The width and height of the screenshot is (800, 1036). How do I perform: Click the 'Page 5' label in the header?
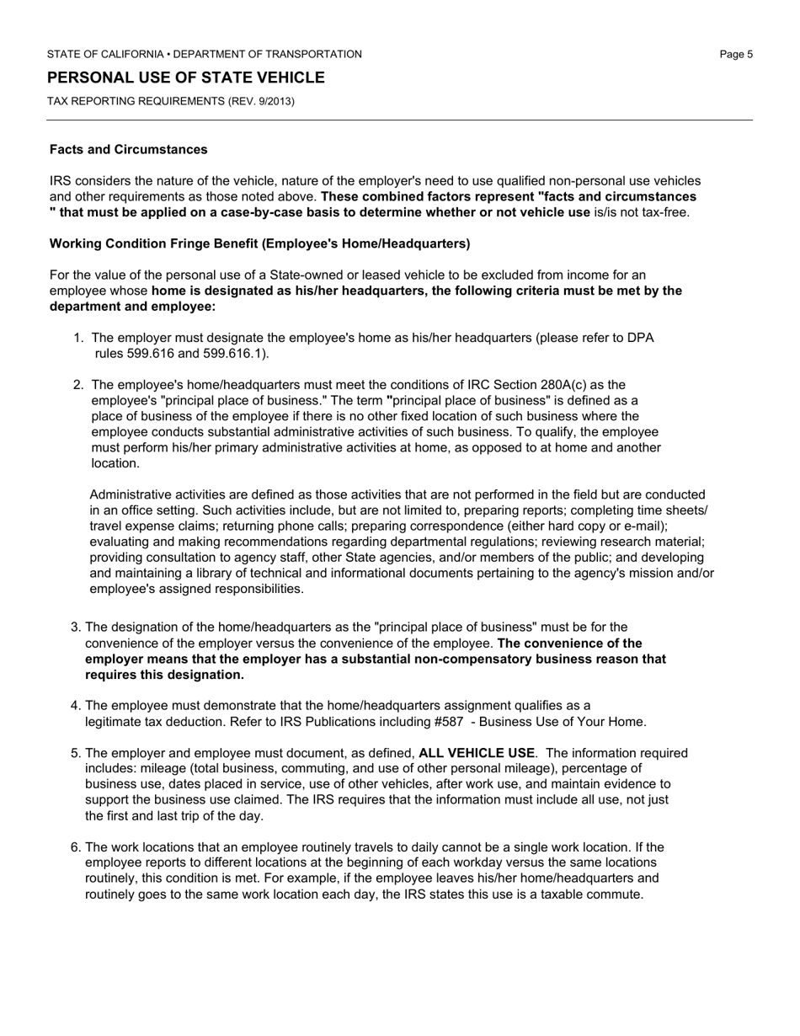(x=736, y=54)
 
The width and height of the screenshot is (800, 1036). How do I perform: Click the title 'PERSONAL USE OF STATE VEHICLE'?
(x=186, y=77)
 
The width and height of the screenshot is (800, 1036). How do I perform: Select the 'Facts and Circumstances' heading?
(x=128, y=149)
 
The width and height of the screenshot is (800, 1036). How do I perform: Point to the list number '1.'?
(x=78, y=338)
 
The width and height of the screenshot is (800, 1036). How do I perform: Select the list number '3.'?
(x=75, y=627)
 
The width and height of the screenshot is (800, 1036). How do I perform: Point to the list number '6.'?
(x=75, y=847)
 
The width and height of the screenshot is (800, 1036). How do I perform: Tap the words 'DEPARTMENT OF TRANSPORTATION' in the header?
(x=268, y=54)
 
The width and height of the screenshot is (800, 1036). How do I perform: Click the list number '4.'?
(x=75, y=705)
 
